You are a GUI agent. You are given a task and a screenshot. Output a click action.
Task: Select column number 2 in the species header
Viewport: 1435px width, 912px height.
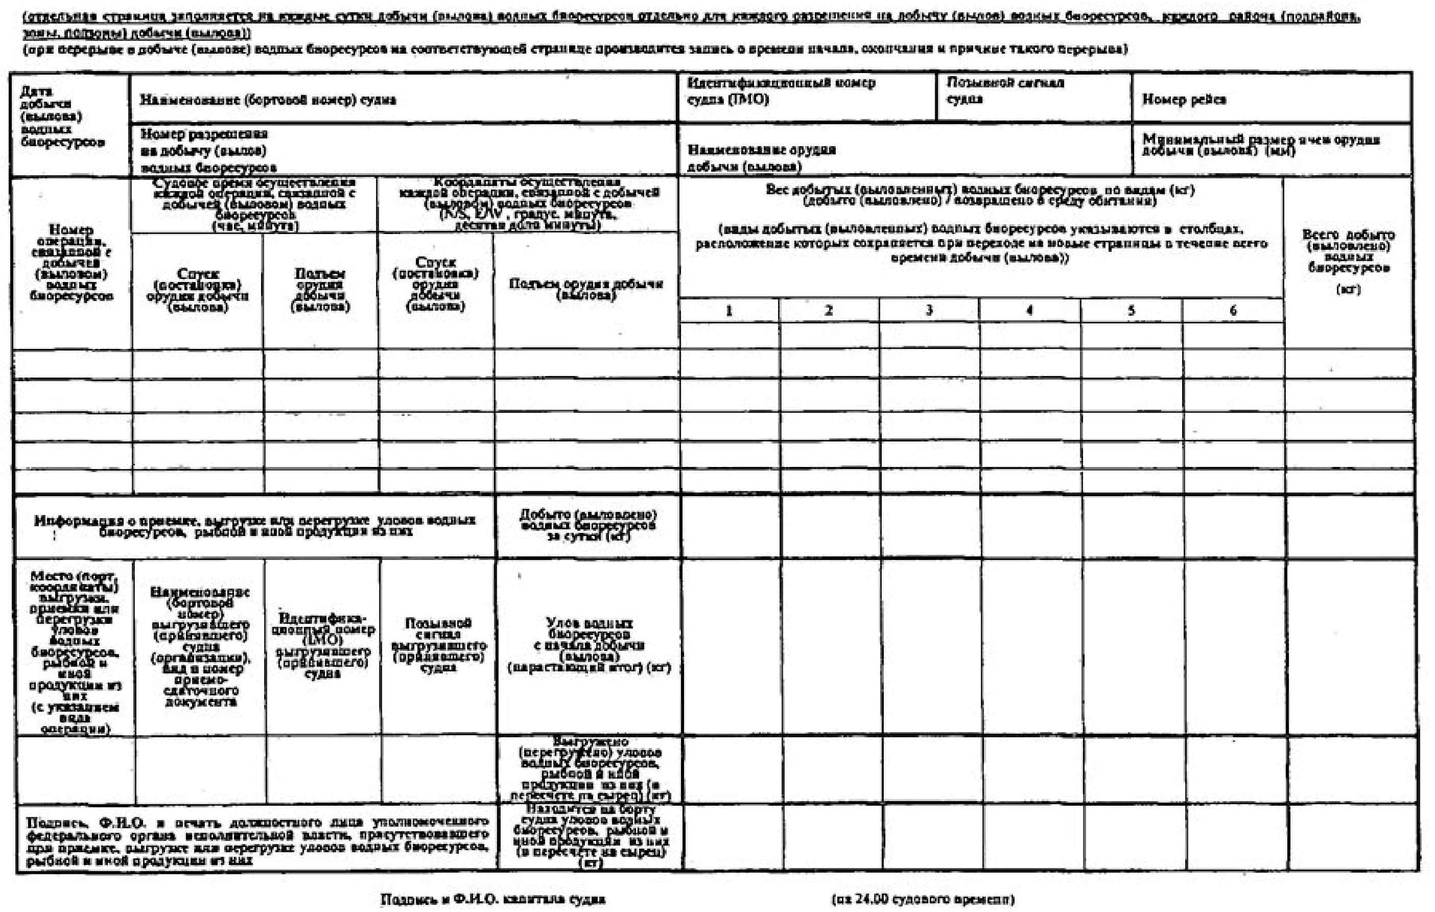828,311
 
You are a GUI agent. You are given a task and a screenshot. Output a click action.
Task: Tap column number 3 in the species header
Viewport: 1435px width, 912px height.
928,311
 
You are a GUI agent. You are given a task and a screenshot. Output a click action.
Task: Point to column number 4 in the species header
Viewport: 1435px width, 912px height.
1029,311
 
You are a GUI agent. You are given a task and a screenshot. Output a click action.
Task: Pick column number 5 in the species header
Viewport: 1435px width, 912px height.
1131,311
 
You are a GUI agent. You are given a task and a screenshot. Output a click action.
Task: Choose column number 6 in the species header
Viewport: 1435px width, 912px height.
1233,311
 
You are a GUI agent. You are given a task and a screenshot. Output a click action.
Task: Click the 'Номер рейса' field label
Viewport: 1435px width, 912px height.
1184,100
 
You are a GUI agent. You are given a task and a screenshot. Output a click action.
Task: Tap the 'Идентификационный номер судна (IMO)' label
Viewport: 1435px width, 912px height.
781,90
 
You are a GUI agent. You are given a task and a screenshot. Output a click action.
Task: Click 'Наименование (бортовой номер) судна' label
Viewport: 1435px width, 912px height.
268,100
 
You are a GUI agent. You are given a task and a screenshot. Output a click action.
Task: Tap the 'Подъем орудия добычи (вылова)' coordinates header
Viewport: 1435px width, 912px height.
586,289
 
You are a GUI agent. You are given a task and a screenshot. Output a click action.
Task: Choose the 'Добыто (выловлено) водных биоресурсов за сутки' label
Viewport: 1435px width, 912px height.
587,525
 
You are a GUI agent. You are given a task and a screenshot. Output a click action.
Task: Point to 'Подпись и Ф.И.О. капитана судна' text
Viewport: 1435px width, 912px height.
493,899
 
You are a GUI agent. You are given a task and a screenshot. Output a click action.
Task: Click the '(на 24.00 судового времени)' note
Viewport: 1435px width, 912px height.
923,899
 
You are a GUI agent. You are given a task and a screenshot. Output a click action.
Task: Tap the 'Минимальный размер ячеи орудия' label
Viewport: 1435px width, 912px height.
1260,144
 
